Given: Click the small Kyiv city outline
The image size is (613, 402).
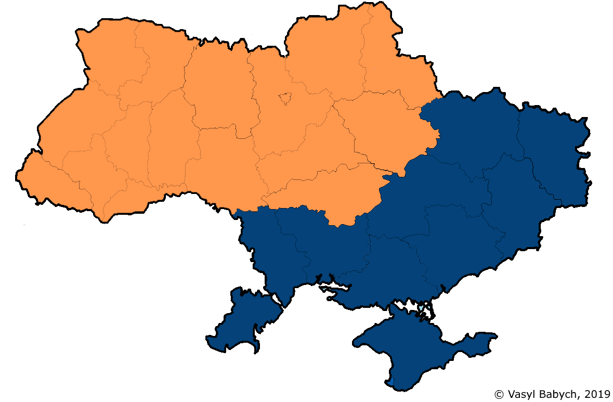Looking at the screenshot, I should coord(284,98).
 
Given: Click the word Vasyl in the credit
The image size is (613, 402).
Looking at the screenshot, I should coord(519,394).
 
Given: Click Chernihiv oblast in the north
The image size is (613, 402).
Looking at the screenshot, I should coord(322,57).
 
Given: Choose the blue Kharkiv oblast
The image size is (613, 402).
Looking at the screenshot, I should coord(473,130).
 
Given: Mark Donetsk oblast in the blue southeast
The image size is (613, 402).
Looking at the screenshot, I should coord(515,203).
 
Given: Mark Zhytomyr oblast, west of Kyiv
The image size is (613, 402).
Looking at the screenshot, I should coord(218,88).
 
